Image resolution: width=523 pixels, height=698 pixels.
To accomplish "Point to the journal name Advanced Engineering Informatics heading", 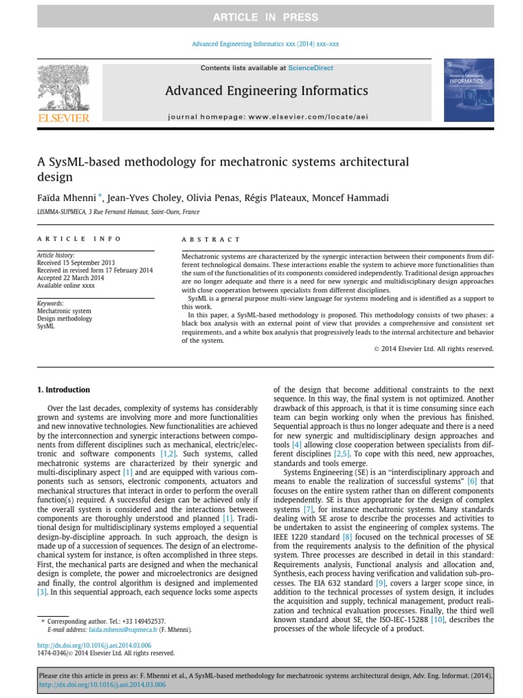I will (x=266, y=91).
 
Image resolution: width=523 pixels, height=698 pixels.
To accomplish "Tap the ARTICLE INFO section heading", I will (x=79, y=239).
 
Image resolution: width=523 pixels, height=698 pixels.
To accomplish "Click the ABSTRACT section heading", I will (x=211, y=239).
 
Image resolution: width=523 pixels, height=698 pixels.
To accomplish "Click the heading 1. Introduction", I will (x=63, y=390).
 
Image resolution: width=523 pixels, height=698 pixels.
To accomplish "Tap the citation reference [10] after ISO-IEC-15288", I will (x=437, y=619).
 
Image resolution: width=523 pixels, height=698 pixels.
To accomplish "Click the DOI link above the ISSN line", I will (x=93, y=645).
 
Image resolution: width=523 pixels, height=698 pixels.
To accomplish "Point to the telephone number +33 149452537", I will (x=142, y=622).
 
